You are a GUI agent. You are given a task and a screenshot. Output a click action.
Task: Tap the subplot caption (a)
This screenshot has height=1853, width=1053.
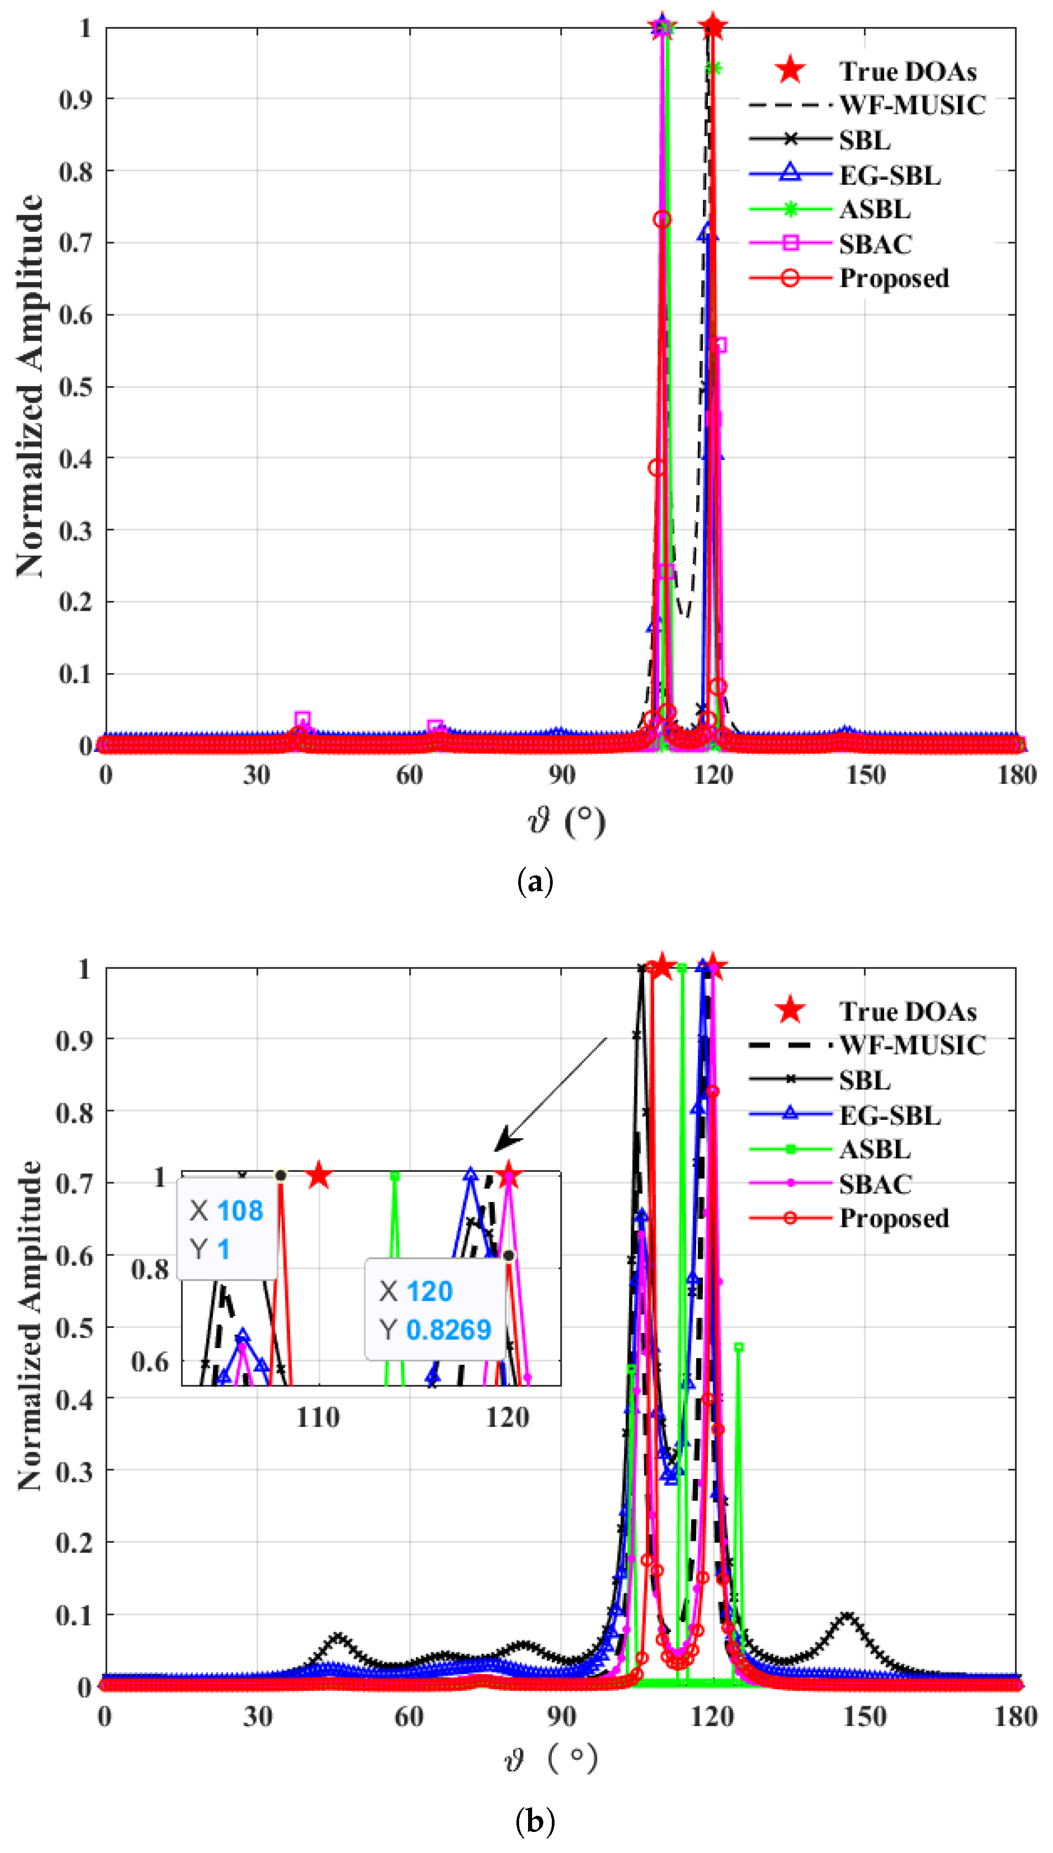pos(535,883)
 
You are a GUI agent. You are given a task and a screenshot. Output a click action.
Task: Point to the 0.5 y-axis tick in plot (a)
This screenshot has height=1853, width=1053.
pos(76,387)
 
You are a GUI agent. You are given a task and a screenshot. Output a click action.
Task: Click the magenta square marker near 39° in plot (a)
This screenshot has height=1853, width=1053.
pos(303,719)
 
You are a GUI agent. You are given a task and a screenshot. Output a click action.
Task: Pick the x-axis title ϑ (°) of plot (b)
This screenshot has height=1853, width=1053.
pos(551,1759)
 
